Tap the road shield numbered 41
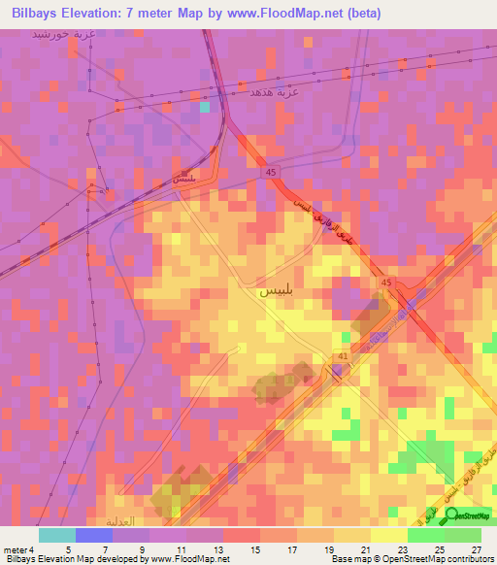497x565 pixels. tap(343, 357)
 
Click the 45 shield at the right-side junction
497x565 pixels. tap(386, 282)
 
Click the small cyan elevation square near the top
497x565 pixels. tap(204, 107)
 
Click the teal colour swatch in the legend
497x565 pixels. tap(57, 534)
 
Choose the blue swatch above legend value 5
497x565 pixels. tap(94, 534)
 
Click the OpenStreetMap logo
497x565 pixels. tap(469, 515)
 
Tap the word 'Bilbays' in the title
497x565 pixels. tap(33, 14)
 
